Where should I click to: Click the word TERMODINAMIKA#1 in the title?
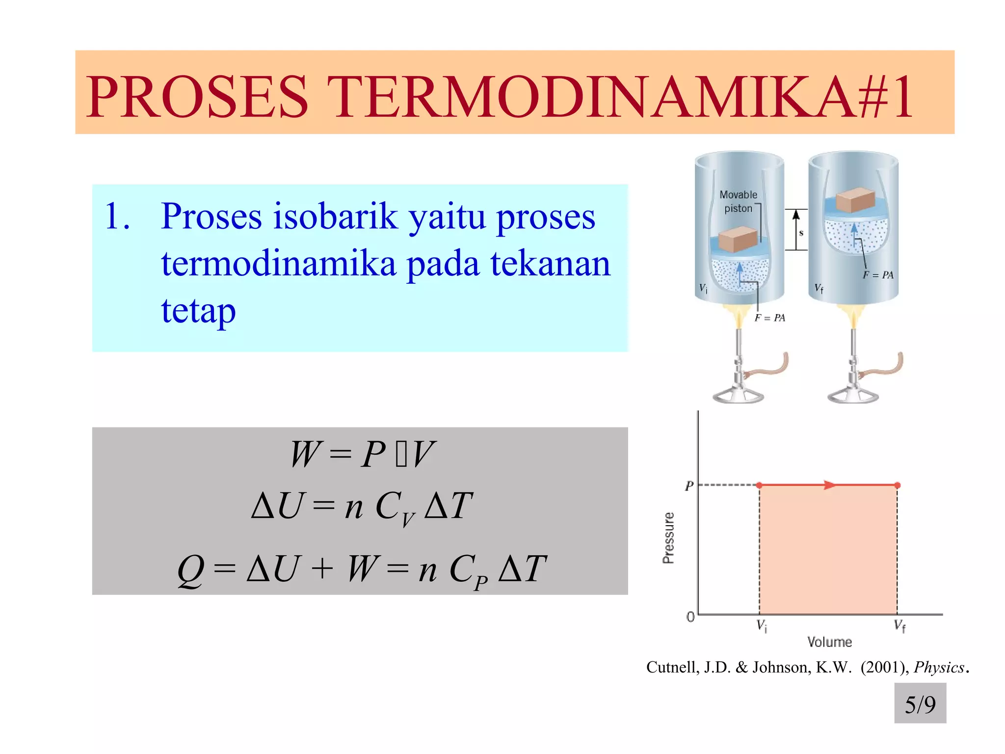(x=619, y=96)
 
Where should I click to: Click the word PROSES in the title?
(x=197, y=96)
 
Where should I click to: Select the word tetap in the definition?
(x=198, y=311)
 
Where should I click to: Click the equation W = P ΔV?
(x=362, y=454)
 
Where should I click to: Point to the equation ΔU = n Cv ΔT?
(x=362, y=507)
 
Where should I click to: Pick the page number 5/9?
(x=920, y=704)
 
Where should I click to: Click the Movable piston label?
(x=738, y=201)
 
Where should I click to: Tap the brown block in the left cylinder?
(x=738, y=239)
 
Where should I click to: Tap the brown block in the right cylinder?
(x=855, y=200)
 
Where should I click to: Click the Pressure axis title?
(x=668, y=538)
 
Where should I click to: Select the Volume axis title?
(x=829, y=642)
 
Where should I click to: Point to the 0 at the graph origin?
(x=690, y=617)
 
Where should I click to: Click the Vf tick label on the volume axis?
(x=899, y=626)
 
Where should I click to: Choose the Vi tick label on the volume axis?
(x=762, y=626)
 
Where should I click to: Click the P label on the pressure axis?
(x=689, y=486)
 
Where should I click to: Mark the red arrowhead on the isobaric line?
(x=829, y=485)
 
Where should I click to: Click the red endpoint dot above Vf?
(x=898, y=485)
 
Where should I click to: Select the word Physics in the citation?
(x=939, y=668)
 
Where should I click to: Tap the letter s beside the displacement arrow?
(x=801, y=233)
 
